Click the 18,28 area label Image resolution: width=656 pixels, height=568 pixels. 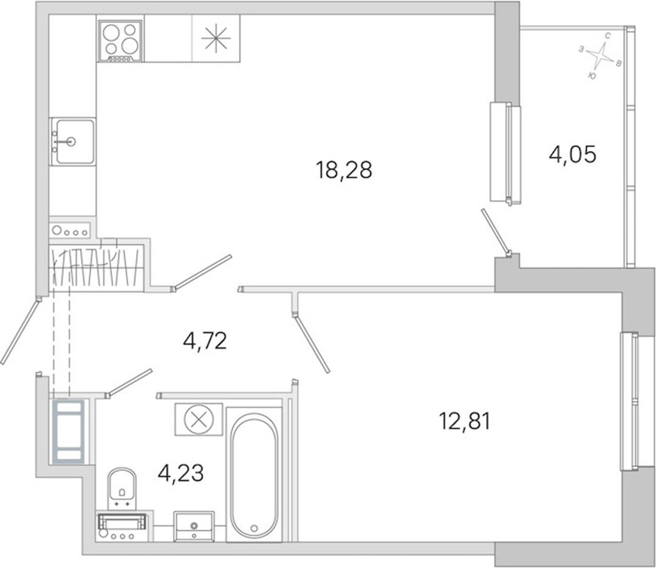[344, 170]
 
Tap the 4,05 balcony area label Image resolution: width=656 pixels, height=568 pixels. [572, 155]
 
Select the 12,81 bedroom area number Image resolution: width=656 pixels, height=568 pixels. [465, 421]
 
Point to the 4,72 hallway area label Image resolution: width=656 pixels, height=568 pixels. [205, 341]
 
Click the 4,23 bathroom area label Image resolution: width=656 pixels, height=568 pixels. [181, 473]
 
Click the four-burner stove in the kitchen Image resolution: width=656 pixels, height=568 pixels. [120, 41]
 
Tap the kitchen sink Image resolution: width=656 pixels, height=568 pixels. [72, 142]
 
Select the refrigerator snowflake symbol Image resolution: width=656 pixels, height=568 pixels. [216, 38]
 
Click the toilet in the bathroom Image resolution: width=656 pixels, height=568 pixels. [122, 488]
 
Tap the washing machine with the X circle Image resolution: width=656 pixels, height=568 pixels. [199, 419]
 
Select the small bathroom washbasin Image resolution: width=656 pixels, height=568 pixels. [194, 526]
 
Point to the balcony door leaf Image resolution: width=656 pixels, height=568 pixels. [496, 232]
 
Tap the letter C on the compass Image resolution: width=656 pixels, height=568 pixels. [607, 36]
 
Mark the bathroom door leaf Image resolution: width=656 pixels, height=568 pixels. [129, 382]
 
